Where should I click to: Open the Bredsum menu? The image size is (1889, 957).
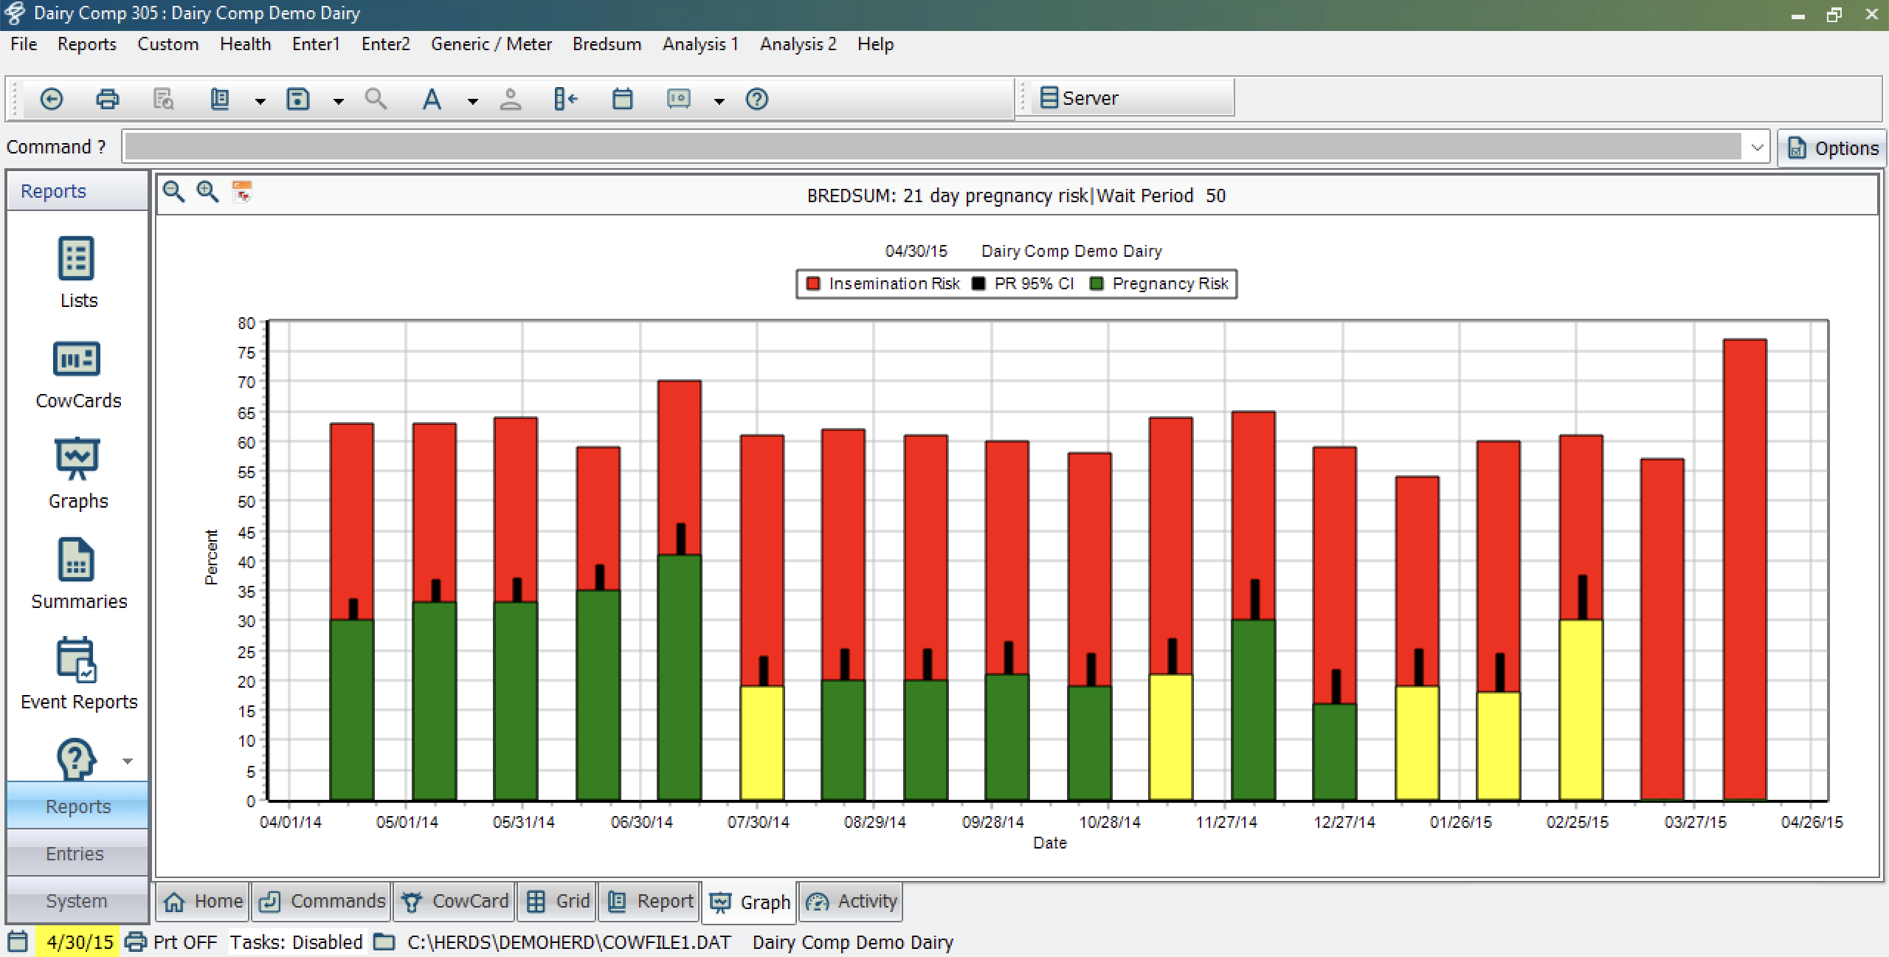pyautogui.click(x=607, y=44)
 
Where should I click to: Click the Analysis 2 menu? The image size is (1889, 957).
pyautogui.click(x=798, y=44)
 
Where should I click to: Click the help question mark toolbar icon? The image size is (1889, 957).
pyautogui.click(x=757, y=99)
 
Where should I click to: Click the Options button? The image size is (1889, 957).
pyautogui.click(x=1832, y=148)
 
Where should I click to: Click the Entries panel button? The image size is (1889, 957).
pyautogui.click(x=77, y=854)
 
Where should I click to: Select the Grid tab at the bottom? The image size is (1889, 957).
pyautogui.click(x=558, y=901)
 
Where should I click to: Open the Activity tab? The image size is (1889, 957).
pyautogui.click(x=851, y=901)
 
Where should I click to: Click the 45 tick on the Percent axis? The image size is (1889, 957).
pyautogui.click(x=246, y=532)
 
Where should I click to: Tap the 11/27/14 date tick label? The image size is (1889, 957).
pyautogui.click(x=1226, y=822)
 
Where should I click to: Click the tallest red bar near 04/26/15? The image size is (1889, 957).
pyautogui.click(x=1744, y=570)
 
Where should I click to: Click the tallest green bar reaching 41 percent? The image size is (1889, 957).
pyautogui.click(x=679, y=677)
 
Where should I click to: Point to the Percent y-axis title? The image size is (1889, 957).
pyautogui.click(x=212, y=557)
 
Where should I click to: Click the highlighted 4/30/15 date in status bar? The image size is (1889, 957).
pyautogui.click(x=79, y=942)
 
